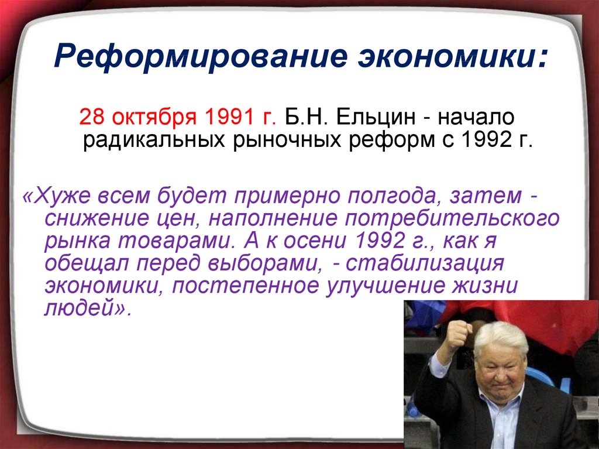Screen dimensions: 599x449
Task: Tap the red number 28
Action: (x=92, y=116)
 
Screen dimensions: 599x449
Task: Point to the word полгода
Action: (x=392, y=197)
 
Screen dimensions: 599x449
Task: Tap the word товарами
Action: (x=179, y=241)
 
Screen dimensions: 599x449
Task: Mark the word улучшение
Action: (x=385, y=286)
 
